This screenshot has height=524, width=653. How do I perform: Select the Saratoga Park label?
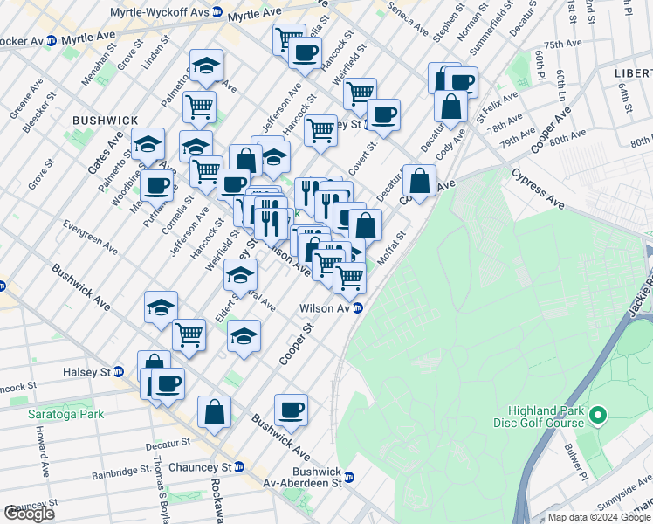[x=65, y=414]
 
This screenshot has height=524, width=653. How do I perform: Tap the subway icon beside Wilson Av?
[x=358, y=308]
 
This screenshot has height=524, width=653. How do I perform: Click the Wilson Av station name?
[x=324, y=308]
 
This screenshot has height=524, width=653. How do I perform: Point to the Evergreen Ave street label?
[x=90, y=237]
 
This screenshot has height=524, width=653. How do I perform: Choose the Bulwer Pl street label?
[x=577, y=462]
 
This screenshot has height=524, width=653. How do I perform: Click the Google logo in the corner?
[x=29, y=514]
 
